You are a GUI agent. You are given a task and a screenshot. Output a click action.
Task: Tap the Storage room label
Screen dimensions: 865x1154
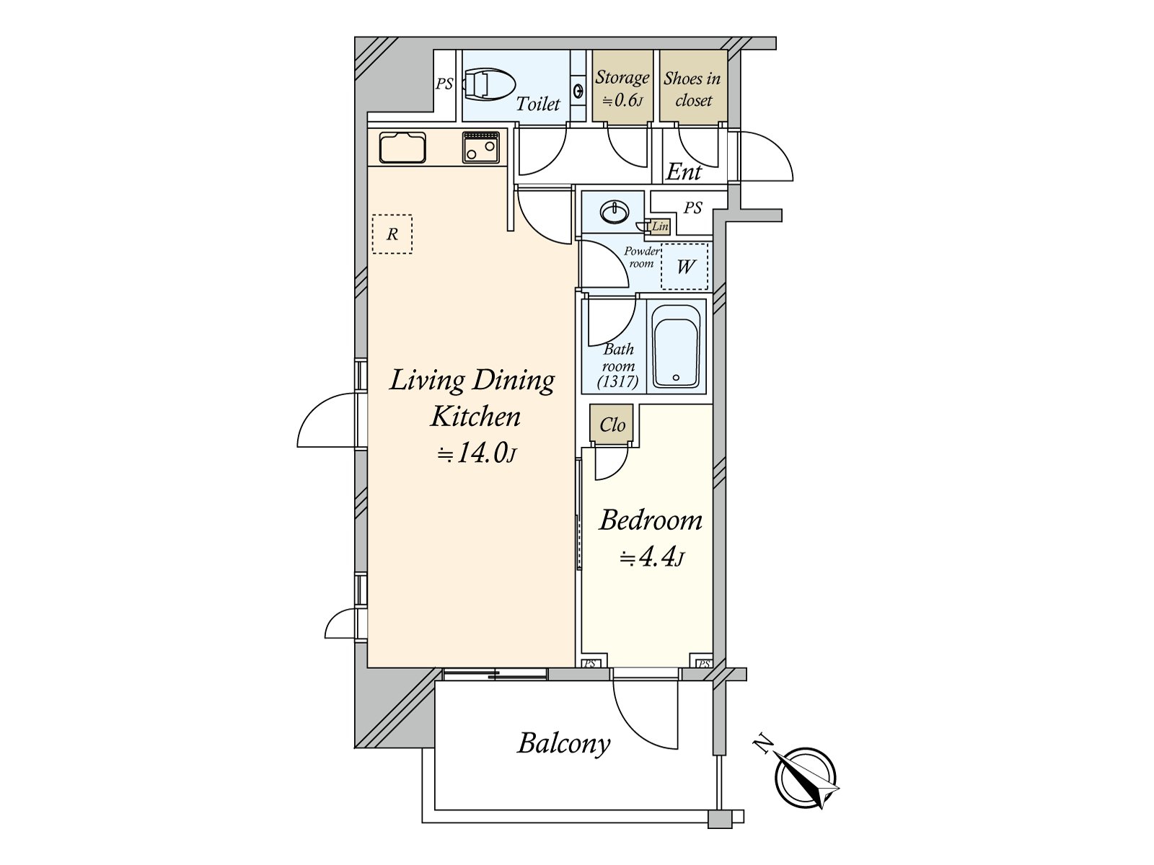(622, 78)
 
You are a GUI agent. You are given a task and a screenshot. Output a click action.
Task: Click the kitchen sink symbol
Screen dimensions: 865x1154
(402, 148)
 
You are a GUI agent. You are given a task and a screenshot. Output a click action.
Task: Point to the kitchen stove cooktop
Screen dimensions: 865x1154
(481, 147)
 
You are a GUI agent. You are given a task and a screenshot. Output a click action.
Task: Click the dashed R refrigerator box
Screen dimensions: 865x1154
(392, 234)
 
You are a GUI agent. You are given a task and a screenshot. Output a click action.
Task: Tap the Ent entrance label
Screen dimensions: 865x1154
(683, 172)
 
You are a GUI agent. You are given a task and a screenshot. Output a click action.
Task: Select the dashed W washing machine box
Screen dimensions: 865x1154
(684, 266)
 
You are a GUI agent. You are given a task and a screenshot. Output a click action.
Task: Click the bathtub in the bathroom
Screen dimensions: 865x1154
(676, 346)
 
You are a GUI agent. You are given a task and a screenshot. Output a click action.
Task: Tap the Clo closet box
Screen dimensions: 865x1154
(612, 425)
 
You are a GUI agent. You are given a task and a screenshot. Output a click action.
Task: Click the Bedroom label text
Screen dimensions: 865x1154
(651, 520)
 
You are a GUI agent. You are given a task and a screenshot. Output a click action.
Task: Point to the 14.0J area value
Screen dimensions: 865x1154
(477, 453)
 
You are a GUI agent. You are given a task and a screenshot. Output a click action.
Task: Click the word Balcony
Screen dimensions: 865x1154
(563, 742)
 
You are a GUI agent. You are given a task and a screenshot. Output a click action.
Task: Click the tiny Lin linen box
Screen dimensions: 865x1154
(660, 226)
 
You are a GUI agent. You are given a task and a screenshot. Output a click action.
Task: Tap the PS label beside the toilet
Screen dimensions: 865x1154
(444, 84)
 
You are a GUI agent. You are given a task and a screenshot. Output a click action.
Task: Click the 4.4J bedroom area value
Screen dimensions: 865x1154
(651, 556)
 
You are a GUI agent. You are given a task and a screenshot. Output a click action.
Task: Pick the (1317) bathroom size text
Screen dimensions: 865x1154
(618, 381)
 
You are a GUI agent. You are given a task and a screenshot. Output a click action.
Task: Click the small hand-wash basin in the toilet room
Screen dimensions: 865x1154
(578, 91)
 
